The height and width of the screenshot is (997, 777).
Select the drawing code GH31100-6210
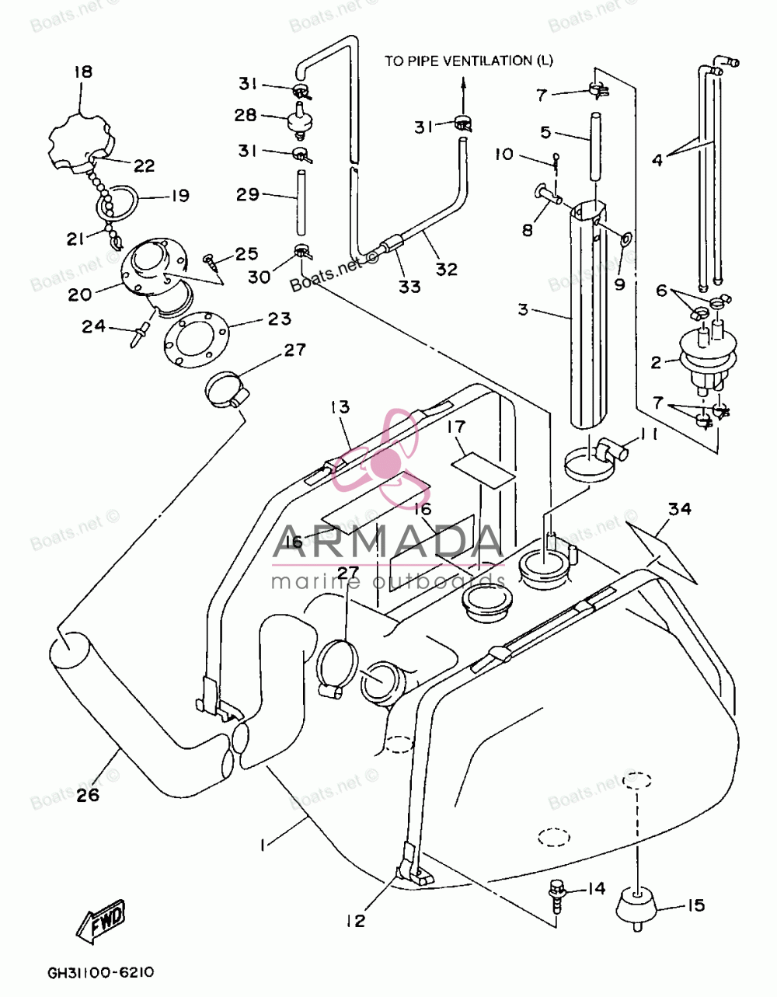101,972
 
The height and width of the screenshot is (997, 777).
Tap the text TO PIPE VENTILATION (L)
469,61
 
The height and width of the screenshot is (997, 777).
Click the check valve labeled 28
300,120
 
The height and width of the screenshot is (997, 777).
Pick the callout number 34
680,509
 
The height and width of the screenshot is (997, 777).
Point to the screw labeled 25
210,262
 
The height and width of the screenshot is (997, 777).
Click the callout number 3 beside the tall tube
524,310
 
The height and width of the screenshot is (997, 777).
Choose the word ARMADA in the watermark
388,542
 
